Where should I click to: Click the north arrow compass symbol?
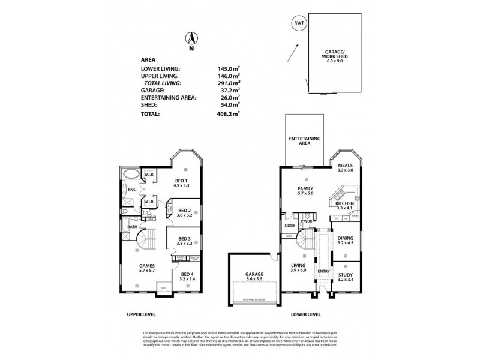(x=191, y=39)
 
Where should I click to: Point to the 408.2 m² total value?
(x=229, y=112)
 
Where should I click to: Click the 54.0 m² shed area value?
(x=230, y=104)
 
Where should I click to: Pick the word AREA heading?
(x=148, y=60)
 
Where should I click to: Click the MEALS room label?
(x=344, y=166)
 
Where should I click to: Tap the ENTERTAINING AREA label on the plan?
(x=305, y=140)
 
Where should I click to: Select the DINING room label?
(x=344, y=240)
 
